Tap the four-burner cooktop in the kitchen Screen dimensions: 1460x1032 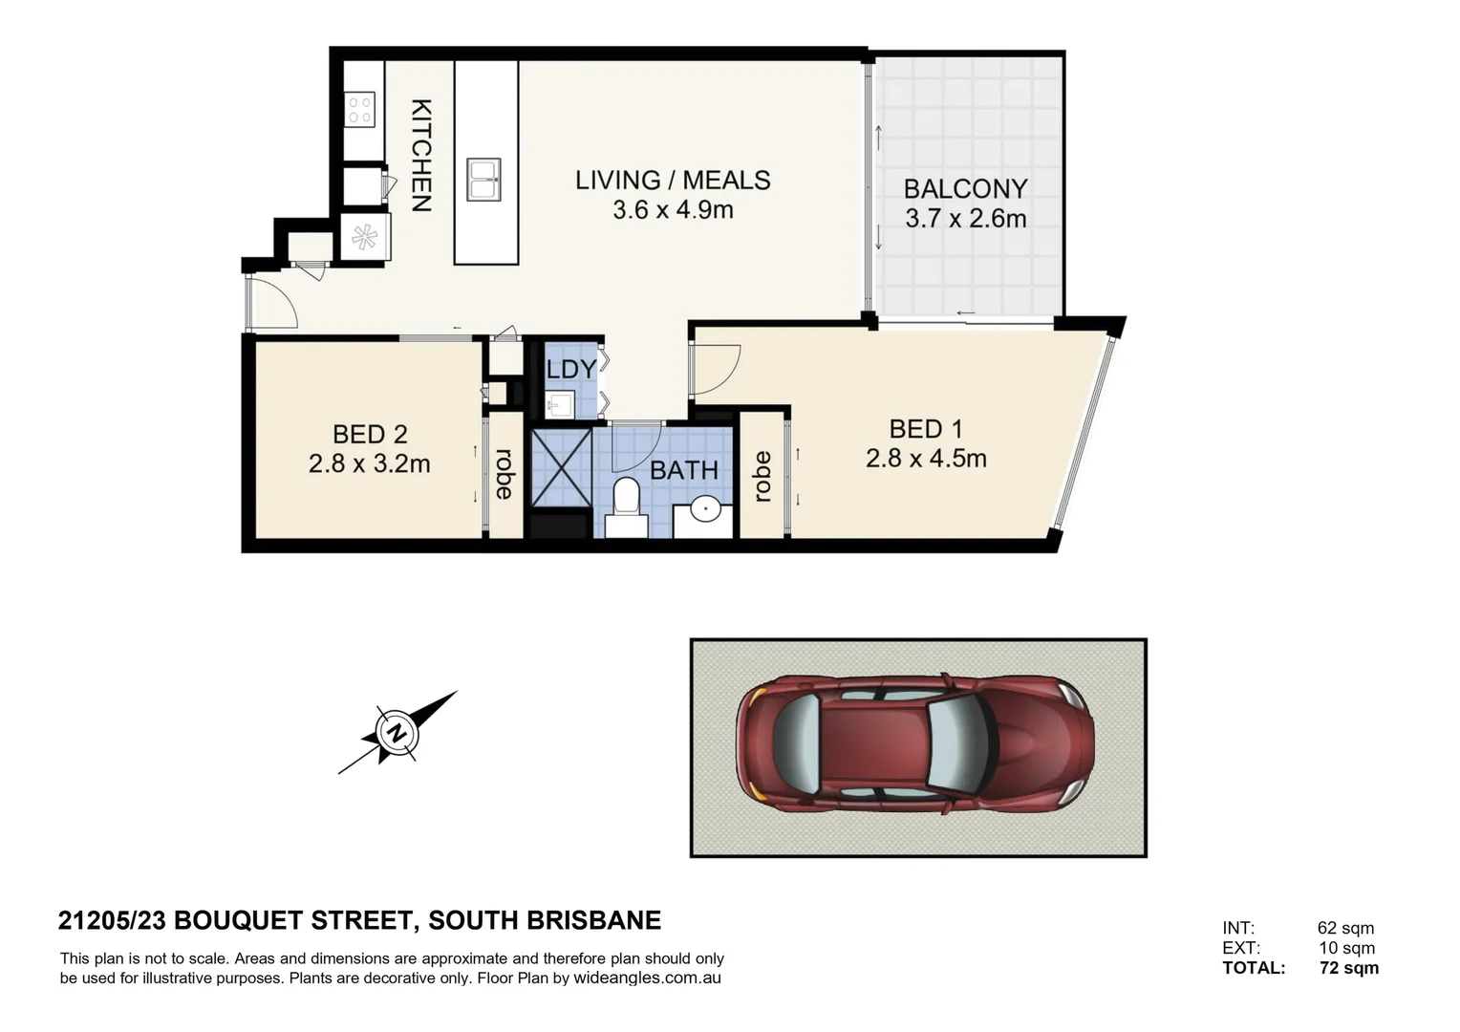[x=359, y=110]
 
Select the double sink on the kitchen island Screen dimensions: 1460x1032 [x=483, y=180]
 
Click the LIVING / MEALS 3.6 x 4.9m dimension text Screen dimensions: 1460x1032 [x=673, y=210]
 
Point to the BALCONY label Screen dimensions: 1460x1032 [x=965, y=189]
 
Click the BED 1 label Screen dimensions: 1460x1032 [x=926, y=429]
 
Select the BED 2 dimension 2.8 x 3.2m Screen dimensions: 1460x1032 [x=369, y=464]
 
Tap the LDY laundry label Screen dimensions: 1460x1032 [x=571, y=370]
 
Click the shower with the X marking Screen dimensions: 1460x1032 [x=561, y=467]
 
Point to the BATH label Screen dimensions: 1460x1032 [x=684, y=470]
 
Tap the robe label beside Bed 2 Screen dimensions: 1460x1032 [x=504, y=474]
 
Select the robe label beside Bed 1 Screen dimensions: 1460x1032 [x=762, y=477]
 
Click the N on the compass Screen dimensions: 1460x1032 [x=397, y=733]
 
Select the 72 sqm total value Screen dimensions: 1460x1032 [x=1349, y=967]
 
